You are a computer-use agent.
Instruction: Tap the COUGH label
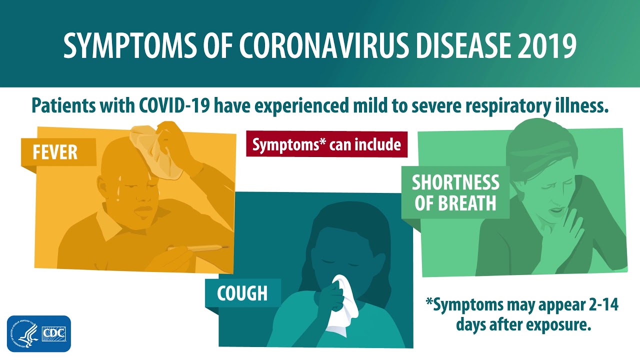243,293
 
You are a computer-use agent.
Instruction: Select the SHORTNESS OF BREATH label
455,192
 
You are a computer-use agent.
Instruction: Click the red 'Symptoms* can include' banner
326,144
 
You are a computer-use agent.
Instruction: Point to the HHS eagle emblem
24,333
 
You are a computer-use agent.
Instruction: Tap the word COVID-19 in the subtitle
174,105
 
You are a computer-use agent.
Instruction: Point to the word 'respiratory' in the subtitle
507,106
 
